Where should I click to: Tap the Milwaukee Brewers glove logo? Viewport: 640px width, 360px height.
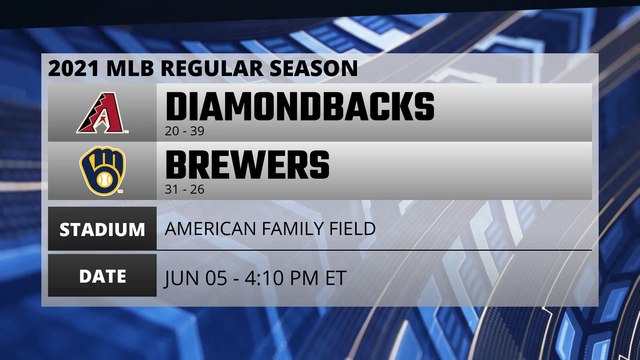click(x=101, y=170)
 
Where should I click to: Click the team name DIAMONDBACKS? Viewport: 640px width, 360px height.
click(x=299, y=106)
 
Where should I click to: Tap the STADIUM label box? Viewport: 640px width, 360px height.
click(x=101, y=229)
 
